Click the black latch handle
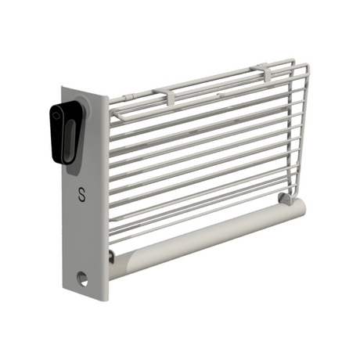click(65, 133)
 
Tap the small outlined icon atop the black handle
click(57, 114)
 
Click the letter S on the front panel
click(82, 195)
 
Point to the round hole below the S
click(82, 277)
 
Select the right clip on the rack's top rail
click(265, 72)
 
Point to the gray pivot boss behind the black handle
click(84, 112)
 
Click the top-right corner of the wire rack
click(293, 60)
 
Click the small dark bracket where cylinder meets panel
click(111, 257)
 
